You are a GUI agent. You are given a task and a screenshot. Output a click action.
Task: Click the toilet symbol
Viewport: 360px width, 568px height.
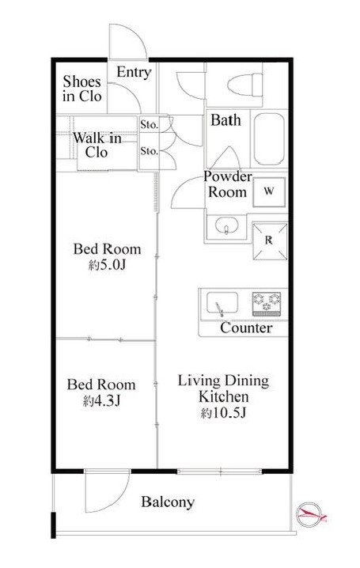click(245, 85)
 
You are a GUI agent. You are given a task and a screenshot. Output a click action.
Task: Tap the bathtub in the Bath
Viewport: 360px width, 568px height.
click(269, 139)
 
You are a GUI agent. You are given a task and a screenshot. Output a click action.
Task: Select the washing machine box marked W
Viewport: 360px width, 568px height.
click(269, 191)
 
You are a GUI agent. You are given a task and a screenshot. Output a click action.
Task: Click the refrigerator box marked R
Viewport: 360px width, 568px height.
click(270, 241)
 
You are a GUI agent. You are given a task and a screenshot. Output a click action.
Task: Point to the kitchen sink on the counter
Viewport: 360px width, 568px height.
click(222, 304)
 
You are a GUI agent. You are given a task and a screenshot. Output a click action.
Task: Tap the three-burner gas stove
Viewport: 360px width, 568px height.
click(267, 304)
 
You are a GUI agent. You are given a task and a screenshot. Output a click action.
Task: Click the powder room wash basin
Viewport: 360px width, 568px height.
click(226, 225)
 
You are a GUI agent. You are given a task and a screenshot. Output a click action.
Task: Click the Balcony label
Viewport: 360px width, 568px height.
click(168, 502)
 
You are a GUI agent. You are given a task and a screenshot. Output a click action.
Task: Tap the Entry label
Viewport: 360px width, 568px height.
click(134, 72)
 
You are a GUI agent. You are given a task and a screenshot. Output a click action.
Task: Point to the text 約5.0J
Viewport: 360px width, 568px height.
click(107, 266)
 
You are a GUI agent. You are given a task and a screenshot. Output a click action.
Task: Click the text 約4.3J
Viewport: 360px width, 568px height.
click(102, 400)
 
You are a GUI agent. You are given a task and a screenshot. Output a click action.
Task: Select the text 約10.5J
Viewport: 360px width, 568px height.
click(223, 413)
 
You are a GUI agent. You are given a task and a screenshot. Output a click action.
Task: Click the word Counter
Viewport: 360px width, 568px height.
click(246, 328)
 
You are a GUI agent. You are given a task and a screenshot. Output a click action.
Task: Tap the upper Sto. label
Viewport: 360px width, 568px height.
click(150, 125)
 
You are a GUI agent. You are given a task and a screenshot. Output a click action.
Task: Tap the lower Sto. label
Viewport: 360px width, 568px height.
click(150, 150)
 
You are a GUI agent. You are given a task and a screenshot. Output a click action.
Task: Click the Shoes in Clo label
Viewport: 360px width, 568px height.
click(81, 89)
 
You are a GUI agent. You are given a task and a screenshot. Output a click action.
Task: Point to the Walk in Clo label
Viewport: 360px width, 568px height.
click(97, 145)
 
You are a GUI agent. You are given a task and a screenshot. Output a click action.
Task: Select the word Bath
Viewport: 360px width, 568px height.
click(225, 120)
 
